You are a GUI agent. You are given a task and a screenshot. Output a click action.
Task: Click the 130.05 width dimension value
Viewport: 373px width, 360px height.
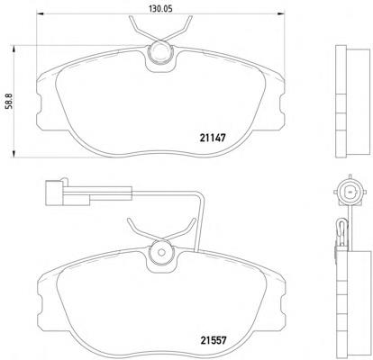click(x=160, y=9)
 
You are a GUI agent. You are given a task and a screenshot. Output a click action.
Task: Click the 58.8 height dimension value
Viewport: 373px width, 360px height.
click(x=9, y=101)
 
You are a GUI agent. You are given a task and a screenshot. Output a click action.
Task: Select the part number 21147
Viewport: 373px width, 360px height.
click(x=213, y=138)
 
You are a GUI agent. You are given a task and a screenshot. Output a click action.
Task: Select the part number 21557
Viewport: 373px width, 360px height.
click(x=213, y=340)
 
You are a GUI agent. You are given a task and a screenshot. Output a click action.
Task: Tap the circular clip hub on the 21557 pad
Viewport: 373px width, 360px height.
click(x=161, y=253)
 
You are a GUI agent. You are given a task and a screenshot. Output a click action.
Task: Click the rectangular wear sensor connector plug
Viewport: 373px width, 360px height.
click(x=54, y=193)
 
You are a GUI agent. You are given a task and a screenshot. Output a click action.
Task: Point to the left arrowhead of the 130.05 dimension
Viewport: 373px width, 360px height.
click(x=41, y=13)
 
